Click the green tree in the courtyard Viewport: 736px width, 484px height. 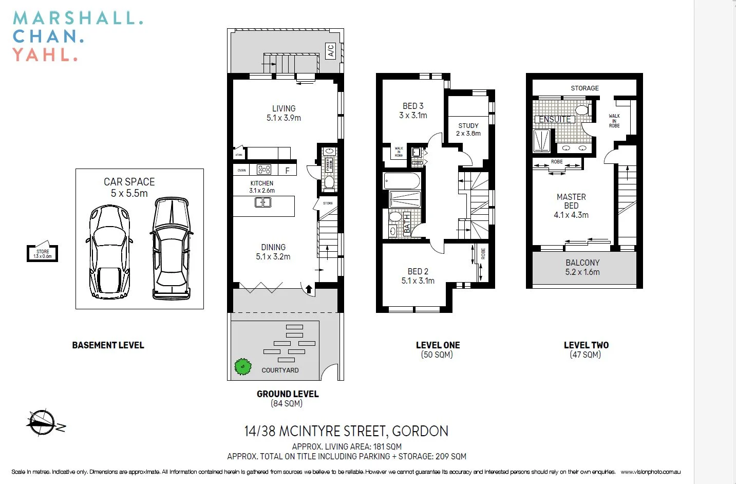243,366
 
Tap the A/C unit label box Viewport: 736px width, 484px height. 331,51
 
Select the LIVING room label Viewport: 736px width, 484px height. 284,108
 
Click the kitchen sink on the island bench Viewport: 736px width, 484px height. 263,202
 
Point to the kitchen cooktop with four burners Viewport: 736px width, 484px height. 264,170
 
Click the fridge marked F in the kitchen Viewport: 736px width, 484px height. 288,170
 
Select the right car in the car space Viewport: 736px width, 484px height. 172,248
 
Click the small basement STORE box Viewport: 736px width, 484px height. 43,253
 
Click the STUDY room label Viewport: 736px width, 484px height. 468,125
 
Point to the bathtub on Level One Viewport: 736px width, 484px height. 402,181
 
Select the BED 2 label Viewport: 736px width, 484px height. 418,271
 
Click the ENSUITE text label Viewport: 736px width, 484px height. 555,119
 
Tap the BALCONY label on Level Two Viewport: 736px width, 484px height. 582,263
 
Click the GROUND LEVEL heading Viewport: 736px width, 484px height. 288,394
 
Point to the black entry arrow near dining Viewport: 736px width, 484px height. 309,289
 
